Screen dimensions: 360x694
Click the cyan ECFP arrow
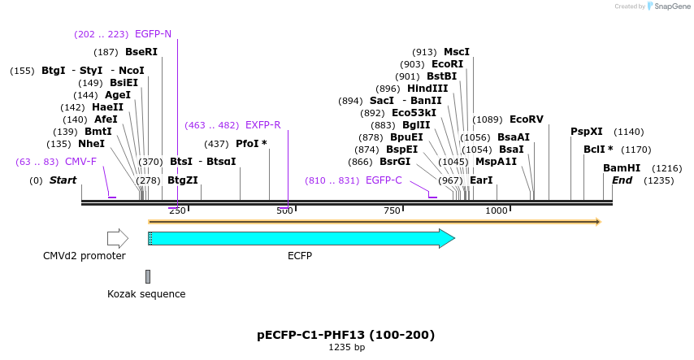[301, 238]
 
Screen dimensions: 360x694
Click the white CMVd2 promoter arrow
[118, 238]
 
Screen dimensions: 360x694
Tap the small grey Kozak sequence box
[148, 276]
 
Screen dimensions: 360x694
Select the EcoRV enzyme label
[526, 119]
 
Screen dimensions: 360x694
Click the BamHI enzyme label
[621, 168]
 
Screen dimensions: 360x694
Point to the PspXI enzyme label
[586, 132]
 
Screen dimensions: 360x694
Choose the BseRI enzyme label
[141, 52]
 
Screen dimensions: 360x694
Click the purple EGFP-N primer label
[153, 34]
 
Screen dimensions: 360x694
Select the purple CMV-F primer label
[80, 162]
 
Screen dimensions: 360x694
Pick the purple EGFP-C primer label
[384, 180]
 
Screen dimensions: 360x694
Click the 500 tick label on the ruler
[284, 211]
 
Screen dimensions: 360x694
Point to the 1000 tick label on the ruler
[496, 211]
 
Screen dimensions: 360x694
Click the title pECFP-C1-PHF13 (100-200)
[346, 335]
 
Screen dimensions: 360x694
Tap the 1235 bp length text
[346, 348]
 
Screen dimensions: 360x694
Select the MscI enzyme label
[457, 52]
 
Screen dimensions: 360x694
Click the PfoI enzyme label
[251, 144]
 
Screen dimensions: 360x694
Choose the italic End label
[622, 180]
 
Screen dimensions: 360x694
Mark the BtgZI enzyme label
[182, 180]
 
